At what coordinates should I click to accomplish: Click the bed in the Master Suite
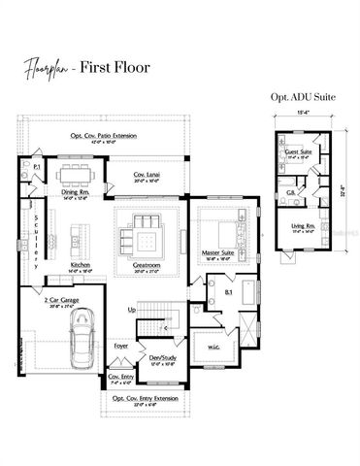point(229,229)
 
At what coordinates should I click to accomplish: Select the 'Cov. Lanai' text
point(147,175)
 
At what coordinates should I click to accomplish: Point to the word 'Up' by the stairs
point(133,310)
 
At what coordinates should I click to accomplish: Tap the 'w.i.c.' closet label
point(216,347)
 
